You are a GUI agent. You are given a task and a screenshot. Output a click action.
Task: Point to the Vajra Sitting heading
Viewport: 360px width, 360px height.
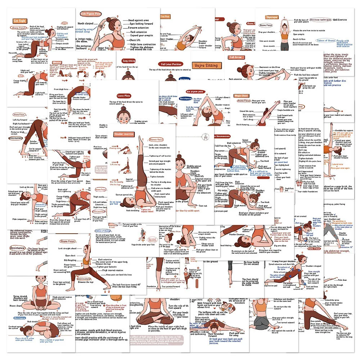205,66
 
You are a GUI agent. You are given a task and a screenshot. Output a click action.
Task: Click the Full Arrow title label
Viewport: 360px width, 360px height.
235,57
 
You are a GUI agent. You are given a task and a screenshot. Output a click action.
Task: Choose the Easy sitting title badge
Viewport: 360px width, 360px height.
129,61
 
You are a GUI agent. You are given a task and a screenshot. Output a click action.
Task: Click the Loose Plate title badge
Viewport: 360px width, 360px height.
123,96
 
